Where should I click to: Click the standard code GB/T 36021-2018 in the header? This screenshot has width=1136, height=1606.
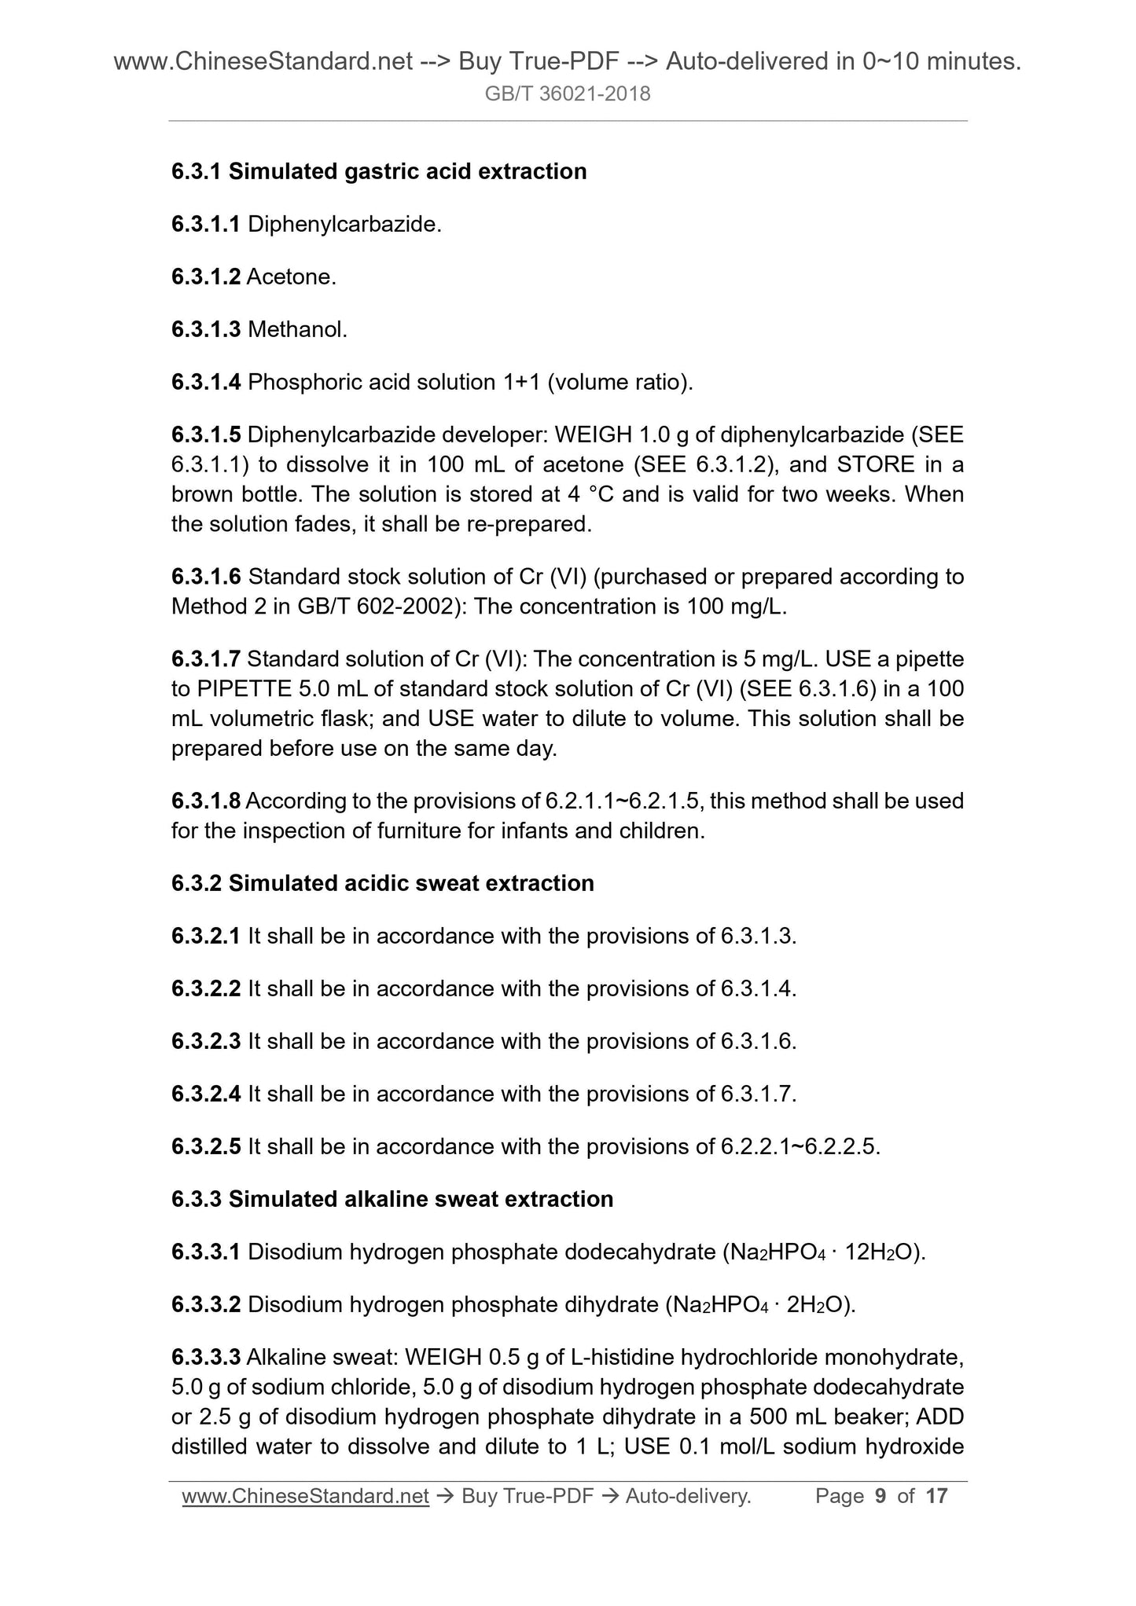(x=568, y=94)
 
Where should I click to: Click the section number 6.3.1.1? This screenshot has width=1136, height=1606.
(x=205, y=225)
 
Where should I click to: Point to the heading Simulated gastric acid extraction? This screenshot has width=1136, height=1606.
(x=407, y=171)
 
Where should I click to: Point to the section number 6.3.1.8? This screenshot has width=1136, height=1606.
(x=205, y=801)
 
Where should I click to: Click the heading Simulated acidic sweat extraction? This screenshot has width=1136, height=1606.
(x=411, y=883)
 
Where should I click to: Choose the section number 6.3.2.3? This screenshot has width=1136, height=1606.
(x=205, y=1042)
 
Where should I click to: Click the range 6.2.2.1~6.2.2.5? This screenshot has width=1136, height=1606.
(x=799, y=1147)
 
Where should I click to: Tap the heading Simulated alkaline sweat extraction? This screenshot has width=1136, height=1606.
(x=421, y=1199)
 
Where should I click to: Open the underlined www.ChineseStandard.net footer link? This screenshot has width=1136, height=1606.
(x=305, y=1496)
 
